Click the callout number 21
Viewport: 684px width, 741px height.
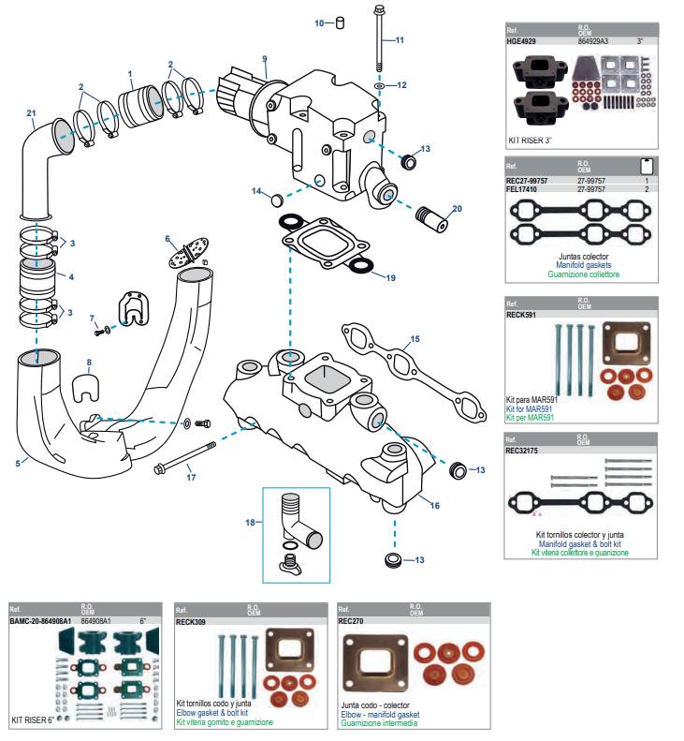click(31, 115)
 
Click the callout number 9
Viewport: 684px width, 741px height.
click(265, 59)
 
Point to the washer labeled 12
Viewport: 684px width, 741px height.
click(378, 85)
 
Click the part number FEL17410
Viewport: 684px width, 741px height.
click(527, 188)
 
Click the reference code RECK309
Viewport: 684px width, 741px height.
click(192, 620)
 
